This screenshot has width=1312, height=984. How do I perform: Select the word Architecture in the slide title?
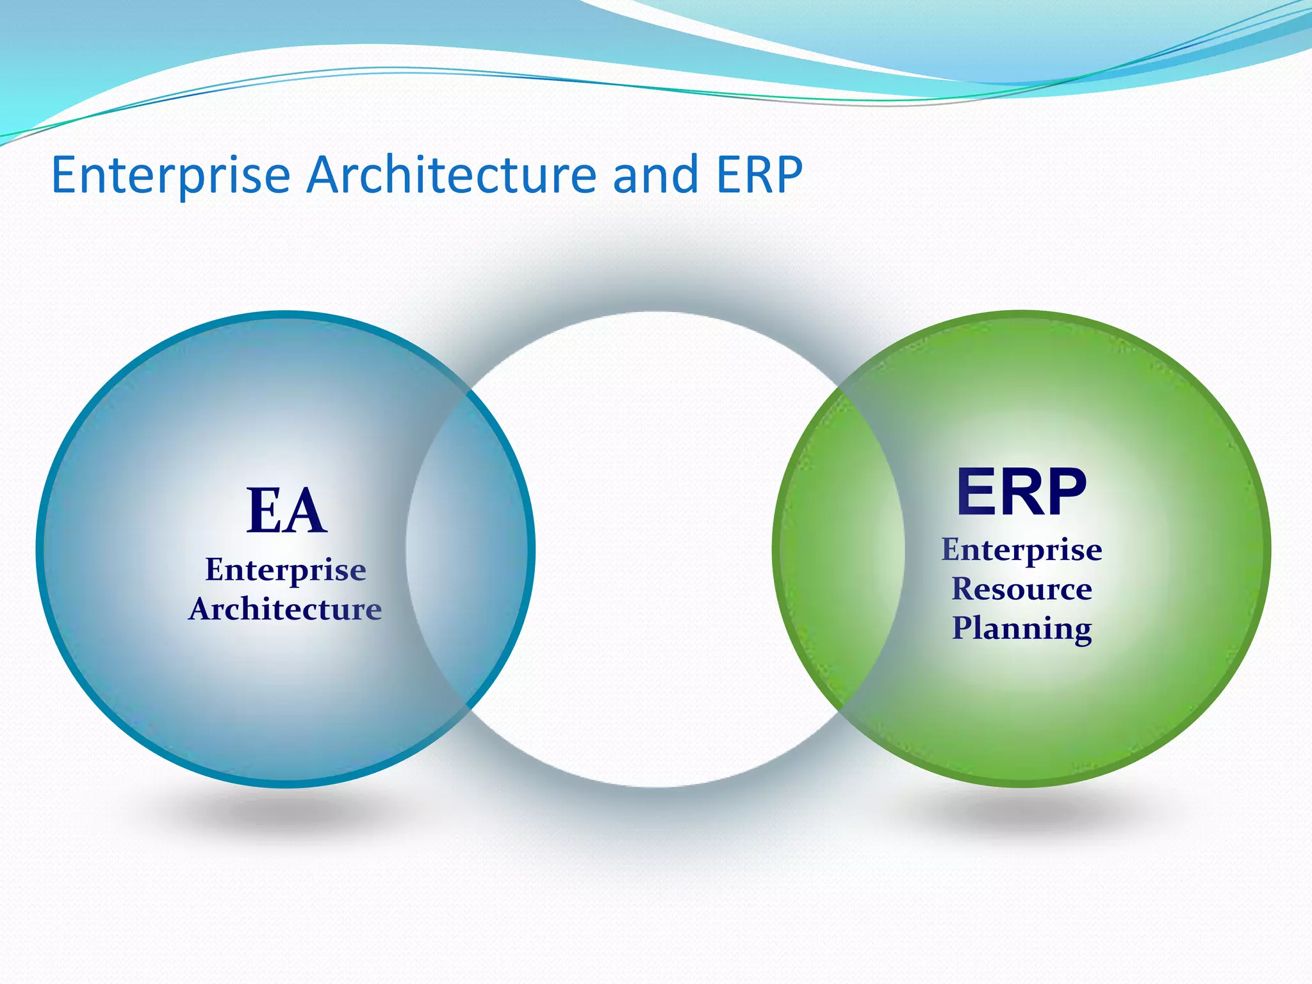452,175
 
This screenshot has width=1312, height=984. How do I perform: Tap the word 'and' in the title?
655,175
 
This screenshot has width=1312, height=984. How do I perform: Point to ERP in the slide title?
759,175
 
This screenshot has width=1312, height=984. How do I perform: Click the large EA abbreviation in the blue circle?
286,511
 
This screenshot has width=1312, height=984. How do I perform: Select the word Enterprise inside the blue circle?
286,570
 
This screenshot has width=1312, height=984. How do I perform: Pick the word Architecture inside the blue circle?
285,609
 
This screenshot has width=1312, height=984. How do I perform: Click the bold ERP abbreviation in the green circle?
1021,491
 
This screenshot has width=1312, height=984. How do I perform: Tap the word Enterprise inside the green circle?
1022,550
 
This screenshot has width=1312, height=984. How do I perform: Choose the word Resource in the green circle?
1022,589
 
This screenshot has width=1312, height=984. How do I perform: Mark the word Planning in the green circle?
1022,628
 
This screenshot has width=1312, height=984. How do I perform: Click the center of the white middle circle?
655,549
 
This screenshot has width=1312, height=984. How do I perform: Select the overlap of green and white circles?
839,549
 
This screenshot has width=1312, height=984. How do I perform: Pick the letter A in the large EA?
306,511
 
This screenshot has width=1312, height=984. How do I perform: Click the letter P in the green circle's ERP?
1063,491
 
